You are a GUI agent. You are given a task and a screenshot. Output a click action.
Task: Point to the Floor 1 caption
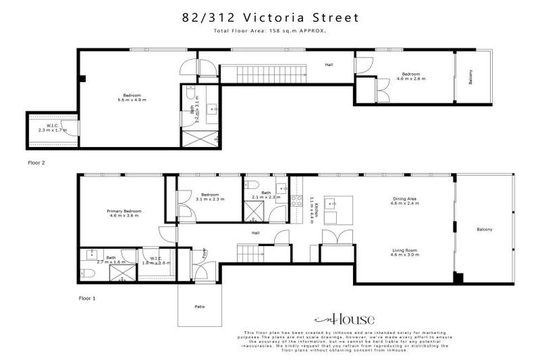point(86,298)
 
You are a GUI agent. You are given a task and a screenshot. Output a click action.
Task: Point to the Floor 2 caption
point(36,162)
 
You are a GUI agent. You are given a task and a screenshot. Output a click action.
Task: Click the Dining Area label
point(405,200)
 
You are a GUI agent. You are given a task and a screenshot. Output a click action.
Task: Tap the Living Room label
point(405,250)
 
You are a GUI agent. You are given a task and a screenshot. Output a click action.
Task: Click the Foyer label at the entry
point(205,252)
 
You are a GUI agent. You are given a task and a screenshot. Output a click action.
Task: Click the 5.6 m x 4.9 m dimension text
point(132,100)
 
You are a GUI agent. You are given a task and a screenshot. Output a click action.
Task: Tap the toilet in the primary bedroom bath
point(90,273)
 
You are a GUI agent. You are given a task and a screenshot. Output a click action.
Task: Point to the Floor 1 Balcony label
point(484,229)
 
